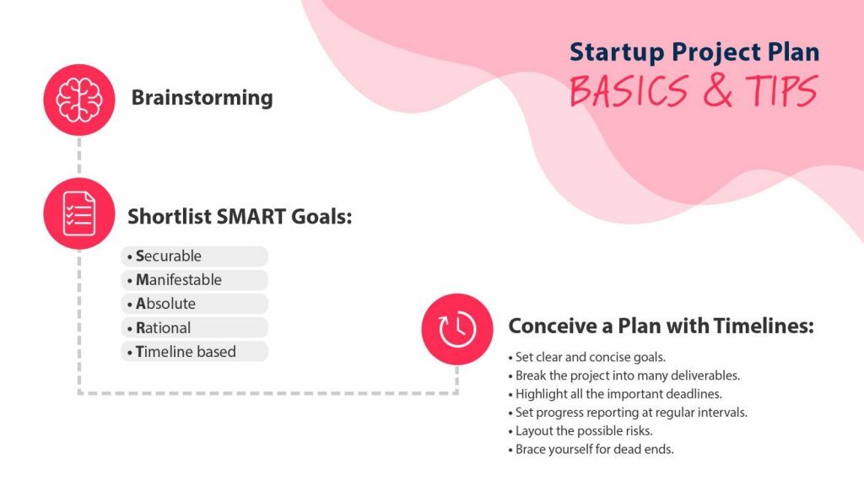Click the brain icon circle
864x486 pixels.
[78, 100]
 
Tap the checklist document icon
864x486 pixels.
[78, 213]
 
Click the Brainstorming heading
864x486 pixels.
[202, 98]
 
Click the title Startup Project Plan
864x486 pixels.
[694, 52]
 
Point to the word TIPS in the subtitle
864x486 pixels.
[781, 91]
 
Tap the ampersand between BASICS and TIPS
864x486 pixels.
[718, 91]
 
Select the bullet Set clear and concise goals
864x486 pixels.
[587, 357]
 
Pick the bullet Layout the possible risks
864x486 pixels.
[581, 430]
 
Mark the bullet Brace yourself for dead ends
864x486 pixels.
[591, 449]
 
